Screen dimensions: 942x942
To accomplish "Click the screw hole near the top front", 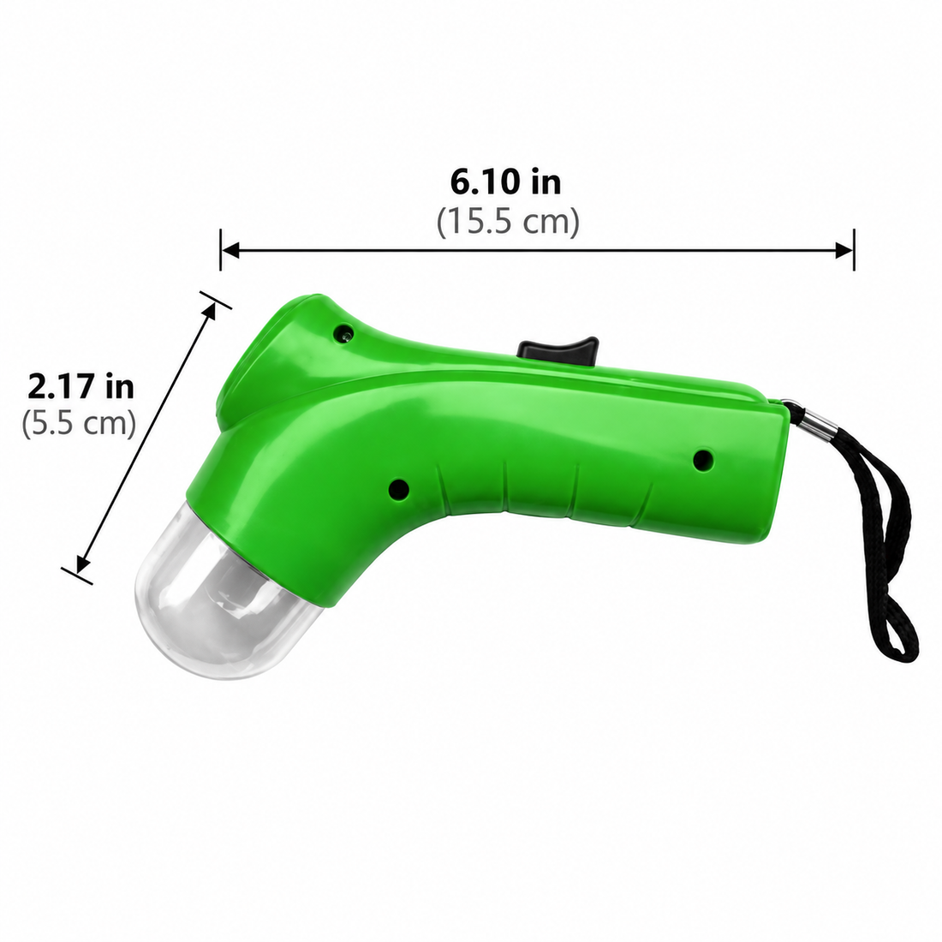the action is point(345,331).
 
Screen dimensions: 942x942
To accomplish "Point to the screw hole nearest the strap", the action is point(702,460).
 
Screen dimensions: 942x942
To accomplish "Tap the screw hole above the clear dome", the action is point(398,489).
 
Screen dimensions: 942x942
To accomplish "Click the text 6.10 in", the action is point(506,182).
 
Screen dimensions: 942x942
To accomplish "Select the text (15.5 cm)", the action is point(508,222).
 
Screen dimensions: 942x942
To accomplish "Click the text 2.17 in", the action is point(80,386).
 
